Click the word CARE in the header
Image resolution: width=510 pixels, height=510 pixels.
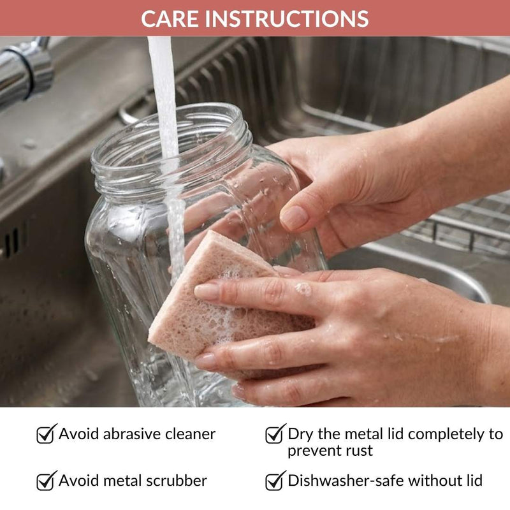click(170, 18)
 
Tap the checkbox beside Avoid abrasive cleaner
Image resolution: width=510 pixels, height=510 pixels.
click(46, 434)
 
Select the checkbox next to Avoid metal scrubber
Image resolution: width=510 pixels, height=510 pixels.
click(46, 481)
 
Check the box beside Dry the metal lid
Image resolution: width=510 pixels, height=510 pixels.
click(275, 434)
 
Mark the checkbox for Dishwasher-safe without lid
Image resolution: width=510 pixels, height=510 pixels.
click(275, 481)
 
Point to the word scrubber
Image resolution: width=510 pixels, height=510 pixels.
click(176, 481)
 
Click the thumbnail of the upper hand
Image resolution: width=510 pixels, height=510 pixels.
click(294, 217)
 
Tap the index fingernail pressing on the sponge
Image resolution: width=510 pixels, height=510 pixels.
click(207, 291)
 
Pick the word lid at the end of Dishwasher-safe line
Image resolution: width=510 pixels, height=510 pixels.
click(474, 481)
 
